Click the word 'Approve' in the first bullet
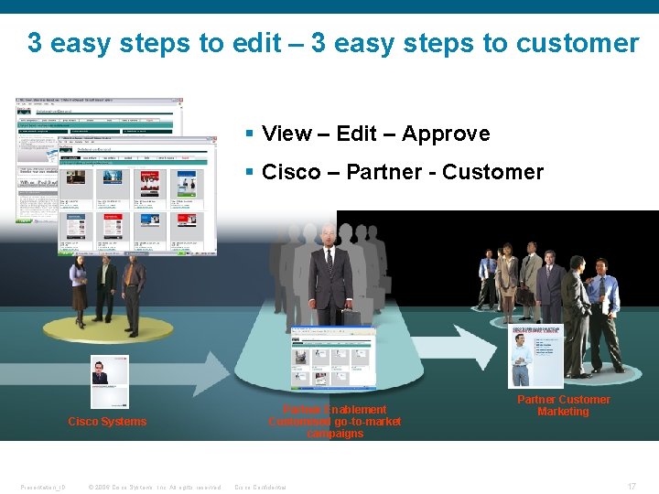446,134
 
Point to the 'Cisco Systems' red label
107,422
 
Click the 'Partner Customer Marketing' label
563,405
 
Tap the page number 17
632,487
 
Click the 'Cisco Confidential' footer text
261,487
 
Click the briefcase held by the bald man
351,319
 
